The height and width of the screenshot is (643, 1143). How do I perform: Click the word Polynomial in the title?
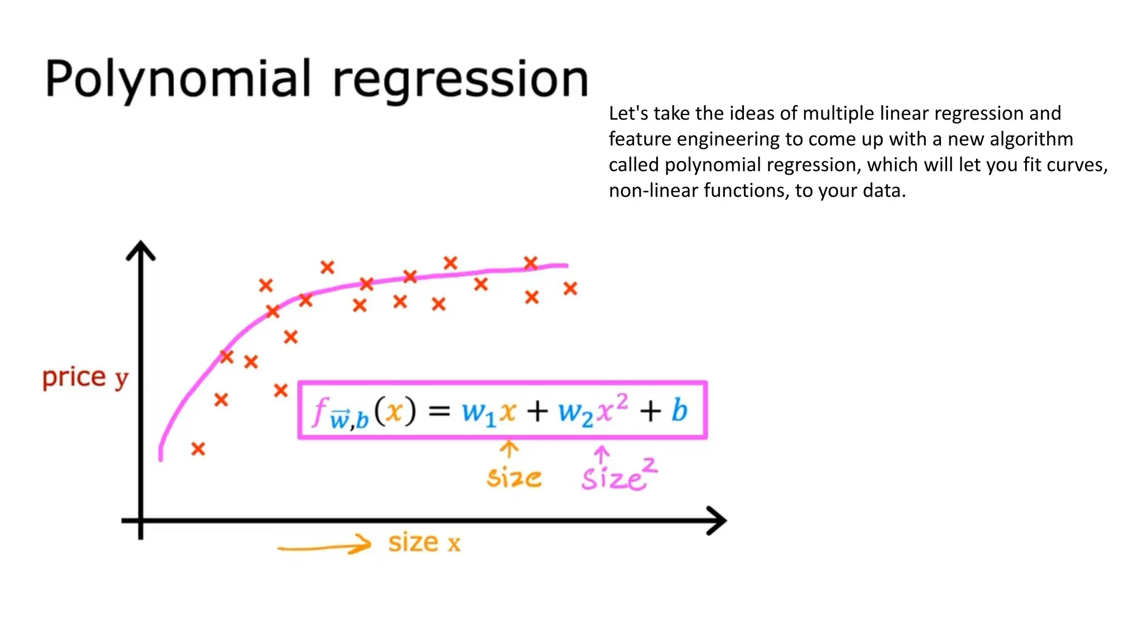pos(177,79)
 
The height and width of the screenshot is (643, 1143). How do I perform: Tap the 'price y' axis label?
pos(85,378)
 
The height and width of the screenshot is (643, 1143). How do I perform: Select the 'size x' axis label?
pos(424,543)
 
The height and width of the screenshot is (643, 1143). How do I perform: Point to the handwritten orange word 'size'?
pos(513,478)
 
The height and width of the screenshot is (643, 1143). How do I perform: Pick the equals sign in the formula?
pos(439,411)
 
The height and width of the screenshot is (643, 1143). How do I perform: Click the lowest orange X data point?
pos(198,449)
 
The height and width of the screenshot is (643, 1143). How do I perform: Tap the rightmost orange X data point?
pos(570,289)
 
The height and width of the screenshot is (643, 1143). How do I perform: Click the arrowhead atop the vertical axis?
pos(141,250)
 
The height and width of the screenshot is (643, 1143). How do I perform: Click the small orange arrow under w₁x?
pos(508,449)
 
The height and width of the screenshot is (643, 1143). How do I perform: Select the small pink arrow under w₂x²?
pos(601,454)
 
